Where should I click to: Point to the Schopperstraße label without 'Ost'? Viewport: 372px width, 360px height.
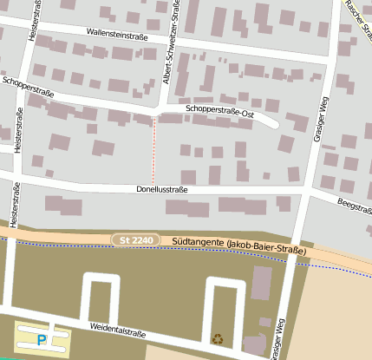pyautogui.click(x=28, y=87)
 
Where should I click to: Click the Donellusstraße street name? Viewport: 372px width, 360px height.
pyautogui.click(x=162, y=188)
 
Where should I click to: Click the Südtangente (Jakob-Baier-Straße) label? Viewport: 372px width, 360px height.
pyautogui.click(x=239, y=247)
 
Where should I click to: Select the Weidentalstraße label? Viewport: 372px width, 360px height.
pyautogui.click(x=116, y=329)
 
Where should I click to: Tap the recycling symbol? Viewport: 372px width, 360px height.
pyautogui.click(x=217, y=338)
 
